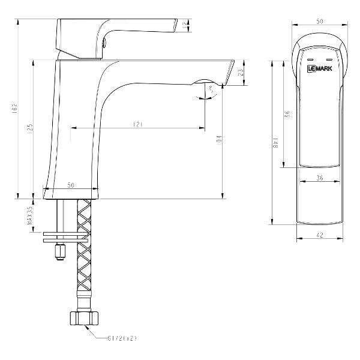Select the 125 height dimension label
[29, 129]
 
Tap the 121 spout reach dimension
[137, 124]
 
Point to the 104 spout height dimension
[220, 141]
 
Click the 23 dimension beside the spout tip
[241, 72]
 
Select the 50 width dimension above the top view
[320, 21]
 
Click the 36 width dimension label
[319, 178]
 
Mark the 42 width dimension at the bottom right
[319, 235]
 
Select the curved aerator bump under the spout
[204, 82]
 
